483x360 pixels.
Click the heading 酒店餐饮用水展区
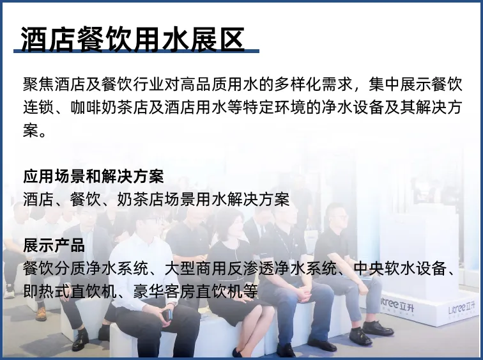133,39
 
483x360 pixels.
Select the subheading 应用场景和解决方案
93,176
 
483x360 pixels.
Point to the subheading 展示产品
54,246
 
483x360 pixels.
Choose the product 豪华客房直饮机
195,291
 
